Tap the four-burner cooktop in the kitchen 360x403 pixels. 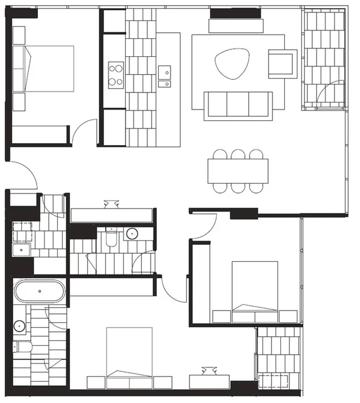(116, 74)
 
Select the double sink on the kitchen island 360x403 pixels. (164, 77)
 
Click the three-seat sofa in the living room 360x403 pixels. (238, 105)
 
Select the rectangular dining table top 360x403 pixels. (238, 171)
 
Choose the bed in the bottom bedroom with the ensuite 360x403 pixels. (129, 354)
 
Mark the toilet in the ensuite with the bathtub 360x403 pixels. (21, 348)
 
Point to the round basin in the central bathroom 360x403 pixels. (132, 233)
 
